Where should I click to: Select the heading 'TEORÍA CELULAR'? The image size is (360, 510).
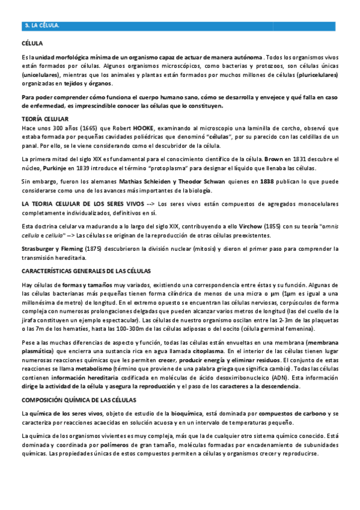(x=45, y=119)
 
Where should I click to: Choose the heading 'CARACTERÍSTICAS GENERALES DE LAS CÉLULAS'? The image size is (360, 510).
(x=86, y=271)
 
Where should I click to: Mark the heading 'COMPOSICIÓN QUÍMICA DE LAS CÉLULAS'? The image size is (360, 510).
(x=79, y=399)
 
